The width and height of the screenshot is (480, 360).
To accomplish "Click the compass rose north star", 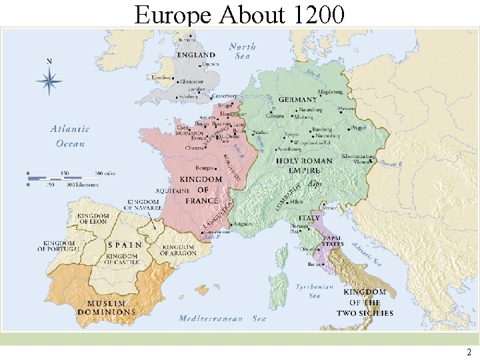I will (49, 82).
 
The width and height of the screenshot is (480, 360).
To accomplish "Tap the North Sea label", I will (242, 51).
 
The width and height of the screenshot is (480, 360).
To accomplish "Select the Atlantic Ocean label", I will (70, 136).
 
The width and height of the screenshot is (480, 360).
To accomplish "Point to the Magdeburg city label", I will (330, 91).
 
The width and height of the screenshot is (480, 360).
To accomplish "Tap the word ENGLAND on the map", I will (196, 55).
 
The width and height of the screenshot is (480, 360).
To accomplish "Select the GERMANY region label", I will (297, 100).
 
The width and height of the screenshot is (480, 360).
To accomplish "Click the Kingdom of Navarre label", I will (144, 205).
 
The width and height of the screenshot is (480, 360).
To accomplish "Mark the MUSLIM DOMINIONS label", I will (106, 308).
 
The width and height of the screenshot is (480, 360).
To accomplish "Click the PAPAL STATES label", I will (333, 241).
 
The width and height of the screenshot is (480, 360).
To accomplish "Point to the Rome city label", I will (314, 265).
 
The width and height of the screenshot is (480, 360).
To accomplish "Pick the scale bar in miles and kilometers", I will (70, 177).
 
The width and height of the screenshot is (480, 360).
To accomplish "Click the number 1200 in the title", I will (317, 13).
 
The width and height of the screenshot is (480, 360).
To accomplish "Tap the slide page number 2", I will (469, 352).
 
